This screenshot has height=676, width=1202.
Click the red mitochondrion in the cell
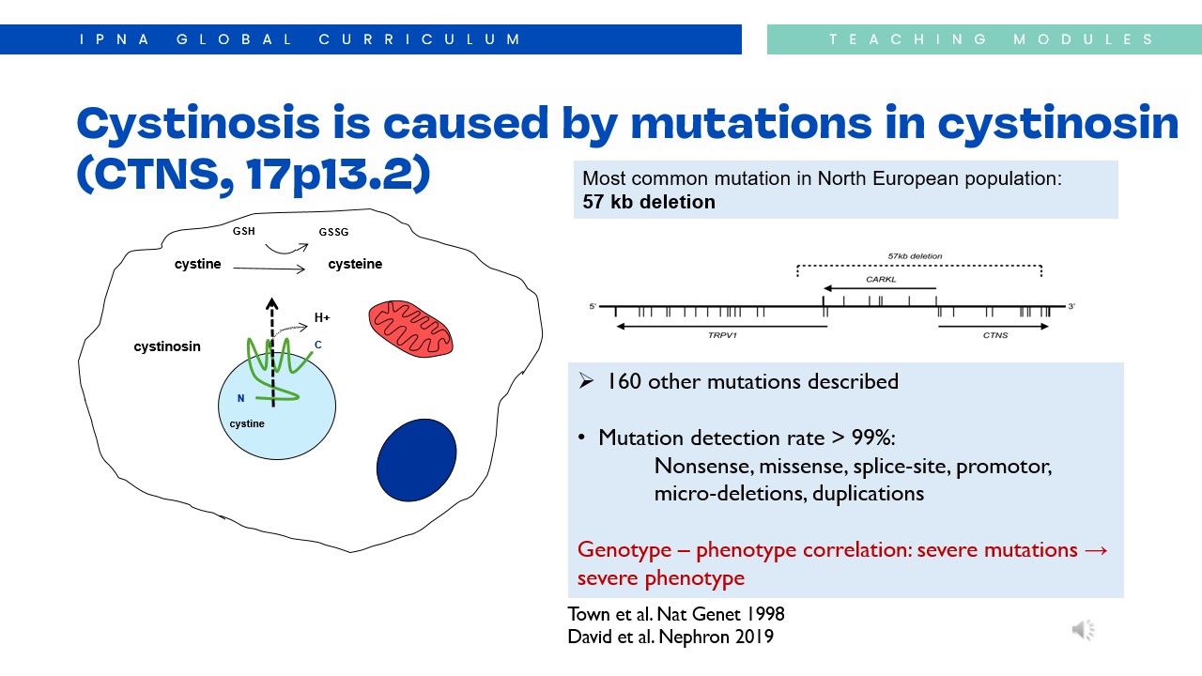click(x=410, y=329)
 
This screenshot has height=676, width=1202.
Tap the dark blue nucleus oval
click(x=416, y=460)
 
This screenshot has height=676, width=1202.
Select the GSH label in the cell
click(x=243, y=231)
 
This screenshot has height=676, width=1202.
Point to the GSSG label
click(x=333, y=232)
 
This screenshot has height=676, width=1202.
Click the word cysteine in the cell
click(x=355, y=264)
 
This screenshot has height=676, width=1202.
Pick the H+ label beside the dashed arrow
click(x=322, y=317)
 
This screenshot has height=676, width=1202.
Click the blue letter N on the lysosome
click(x=241, y=398)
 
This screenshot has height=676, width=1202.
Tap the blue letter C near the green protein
click(x=318, y=345)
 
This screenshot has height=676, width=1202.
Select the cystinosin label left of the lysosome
click(x=167, y=346)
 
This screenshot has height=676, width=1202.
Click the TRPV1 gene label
click(x=722, y=335)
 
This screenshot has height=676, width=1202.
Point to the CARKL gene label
click(x=881, y=280)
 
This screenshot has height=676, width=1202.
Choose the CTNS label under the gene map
click(x=995, y=335)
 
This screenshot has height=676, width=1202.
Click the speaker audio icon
click(x=1084, y=630)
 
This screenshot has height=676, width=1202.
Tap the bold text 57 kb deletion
click(x=649, y=202)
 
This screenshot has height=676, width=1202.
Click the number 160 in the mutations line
click(x=624, y=381)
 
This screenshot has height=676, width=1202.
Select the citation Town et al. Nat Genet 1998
click(x=676, y=614)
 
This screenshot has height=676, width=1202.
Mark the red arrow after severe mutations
click(x=1096, y=550)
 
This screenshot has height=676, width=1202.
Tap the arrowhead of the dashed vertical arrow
click(x=272, y=303)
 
